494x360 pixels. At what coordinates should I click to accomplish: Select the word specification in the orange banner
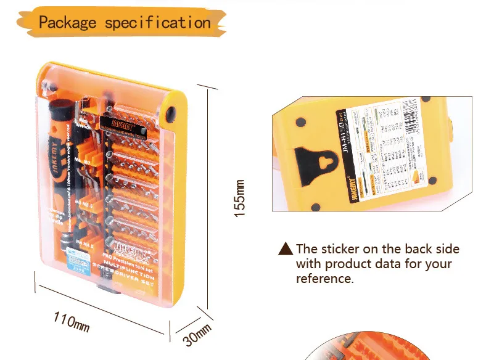tap(158, 23)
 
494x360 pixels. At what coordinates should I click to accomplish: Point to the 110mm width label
tap(72, 321)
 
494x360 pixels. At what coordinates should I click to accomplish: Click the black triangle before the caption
tap(285, 249)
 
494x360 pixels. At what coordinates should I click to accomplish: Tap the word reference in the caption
tap(324, 279)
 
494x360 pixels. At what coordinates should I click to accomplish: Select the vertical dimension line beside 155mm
tap(207, 196)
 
